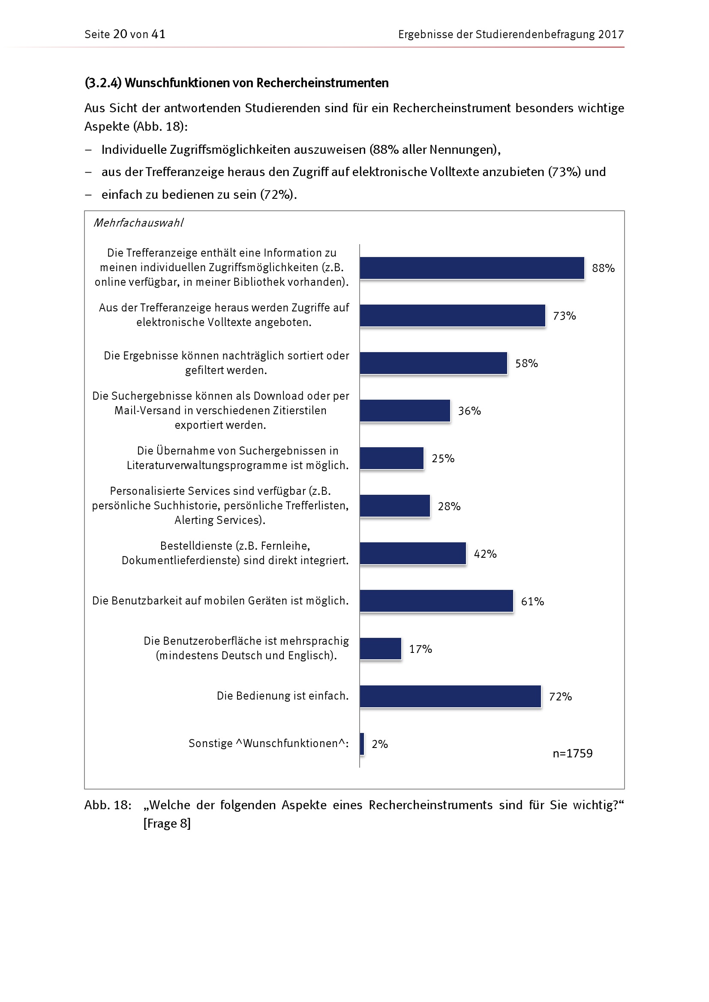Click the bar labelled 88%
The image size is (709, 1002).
[x=472, y=268]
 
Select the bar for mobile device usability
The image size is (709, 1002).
[x=436, y=601]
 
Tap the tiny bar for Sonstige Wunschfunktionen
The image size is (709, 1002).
[x=362, y=744]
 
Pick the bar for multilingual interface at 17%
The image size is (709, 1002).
[x=380, y=649]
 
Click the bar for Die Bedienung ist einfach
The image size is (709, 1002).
[x=450, y=696]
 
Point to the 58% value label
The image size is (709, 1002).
[x=526, y=364]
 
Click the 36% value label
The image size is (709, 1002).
[x=469, y=411]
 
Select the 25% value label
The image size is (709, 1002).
[x=443, y=459]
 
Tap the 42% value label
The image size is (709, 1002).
[x=485, y=554]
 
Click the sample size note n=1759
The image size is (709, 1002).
[x=572, y=753]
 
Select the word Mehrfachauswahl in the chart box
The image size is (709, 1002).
[x=138, y=223]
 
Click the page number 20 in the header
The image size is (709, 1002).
[x=120, y=34]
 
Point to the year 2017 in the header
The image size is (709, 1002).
[x=611, y=34]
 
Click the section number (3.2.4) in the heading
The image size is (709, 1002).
[x=103, y=83]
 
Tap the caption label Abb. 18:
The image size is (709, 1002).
[x=108, y=805]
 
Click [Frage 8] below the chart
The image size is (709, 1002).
[x=167, y=823]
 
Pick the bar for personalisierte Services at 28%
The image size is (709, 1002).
[x=395, y=506]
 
